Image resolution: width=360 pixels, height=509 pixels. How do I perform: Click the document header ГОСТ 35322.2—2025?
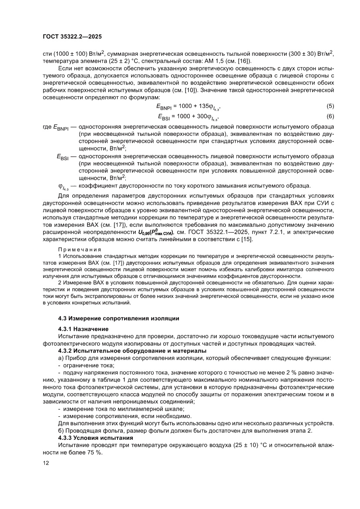click(72, 37)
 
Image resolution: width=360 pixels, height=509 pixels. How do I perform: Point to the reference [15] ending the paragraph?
click(246, 239)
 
